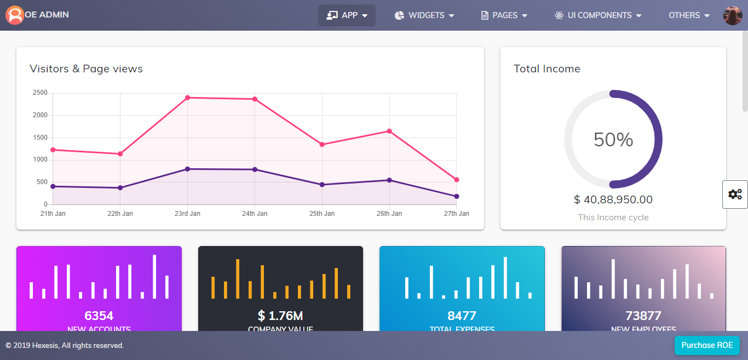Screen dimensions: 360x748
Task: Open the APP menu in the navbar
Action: point(347,15)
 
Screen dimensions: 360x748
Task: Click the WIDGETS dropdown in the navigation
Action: point(424,15)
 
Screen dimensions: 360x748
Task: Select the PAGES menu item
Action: point(504,15)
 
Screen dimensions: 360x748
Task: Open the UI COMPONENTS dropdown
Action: point(597,15)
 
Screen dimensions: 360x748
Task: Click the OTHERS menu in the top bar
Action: point(689,15)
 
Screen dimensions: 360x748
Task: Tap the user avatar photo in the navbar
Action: point(733,15)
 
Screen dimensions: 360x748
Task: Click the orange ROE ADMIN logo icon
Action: point(15,15)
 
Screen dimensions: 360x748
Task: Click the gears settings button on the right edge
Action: point(735,194)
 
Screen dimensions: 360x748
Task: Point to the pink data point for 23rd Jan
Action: point(187,98)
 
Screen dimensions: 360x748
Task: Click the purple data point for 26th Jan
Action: point(389,180)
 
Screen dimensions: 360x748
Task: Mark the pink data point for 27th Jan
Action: point(457,180)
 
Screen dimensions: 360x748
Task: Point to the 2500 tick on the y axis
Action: point(40,93)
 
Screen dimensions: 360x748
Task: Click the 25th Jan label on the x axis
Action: point(322,214)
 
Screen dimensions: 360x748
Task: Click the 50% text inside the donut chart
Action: point(613,140)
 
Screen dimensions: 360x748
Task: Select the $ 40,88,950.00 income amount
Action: point(613,200)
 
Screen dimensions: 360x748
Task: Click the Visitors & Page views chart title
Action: point(86,68)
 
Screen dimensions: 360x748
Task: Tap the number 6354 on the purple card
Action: point(99,316)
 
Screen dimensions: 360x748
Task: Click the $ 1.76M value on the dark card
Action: point(280,316)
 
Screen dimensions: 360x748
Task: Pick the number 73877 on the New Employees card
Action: point(643,316)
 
